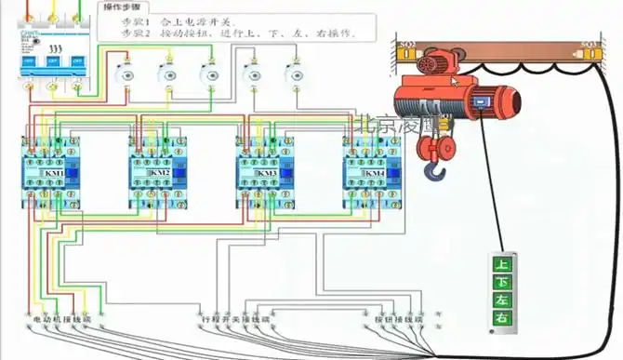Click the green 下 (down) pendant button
pyautogui.click(x=502, y=282)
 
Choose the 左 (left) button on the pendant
pyautogui.click(x=502, y=300)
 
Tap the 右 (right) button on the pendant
pyautogui.click(x=502, y=319)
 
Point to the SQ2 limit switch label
pyautogui.click(x=406, y=44)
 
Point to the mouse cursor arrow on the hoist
pyautogui.click(x=456, y=81)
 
